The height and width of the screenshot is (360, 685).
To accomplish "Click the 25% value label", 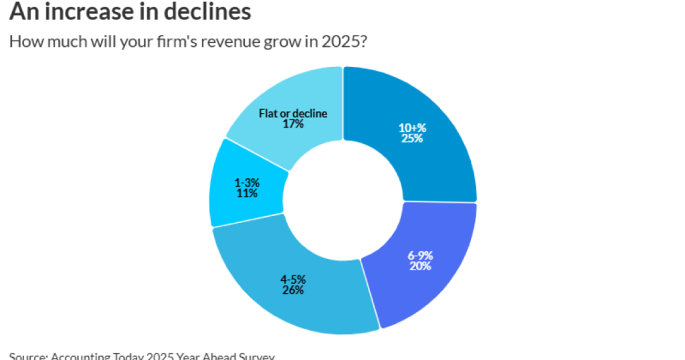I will (413, 139).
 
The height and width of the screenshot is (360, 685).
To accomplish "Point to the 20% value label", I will (420, 266).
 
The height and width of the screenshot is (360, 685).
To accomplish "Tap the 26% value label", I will (293, 290).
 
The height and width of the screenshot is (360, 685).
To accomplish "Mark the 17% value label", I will (293, 124).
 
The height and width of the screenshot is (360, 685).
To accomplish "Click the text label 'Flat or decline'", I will (293, 113).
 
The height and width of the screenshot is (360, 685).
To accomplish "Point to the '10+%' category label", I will (413, 128).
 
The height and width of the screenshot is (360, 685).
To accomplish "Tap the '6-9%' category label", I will (421, 255).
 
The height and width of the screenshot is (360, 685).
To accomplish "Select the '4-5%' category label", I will (293, 279).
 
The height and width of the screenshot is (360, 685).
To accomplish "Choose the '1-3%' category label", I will (247, 182).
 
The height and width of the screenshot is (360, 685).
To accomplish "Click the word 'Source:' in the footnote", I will (27, 356).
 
